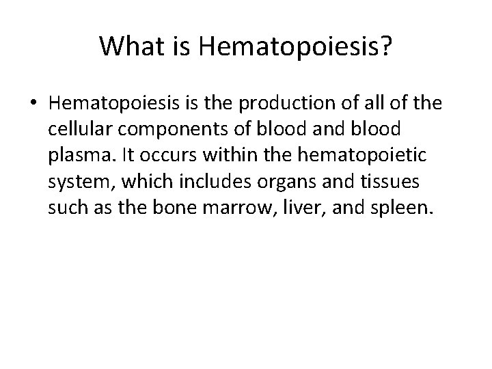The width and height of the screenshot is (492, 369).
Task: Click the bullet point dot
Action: click(x=33, y=104)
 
